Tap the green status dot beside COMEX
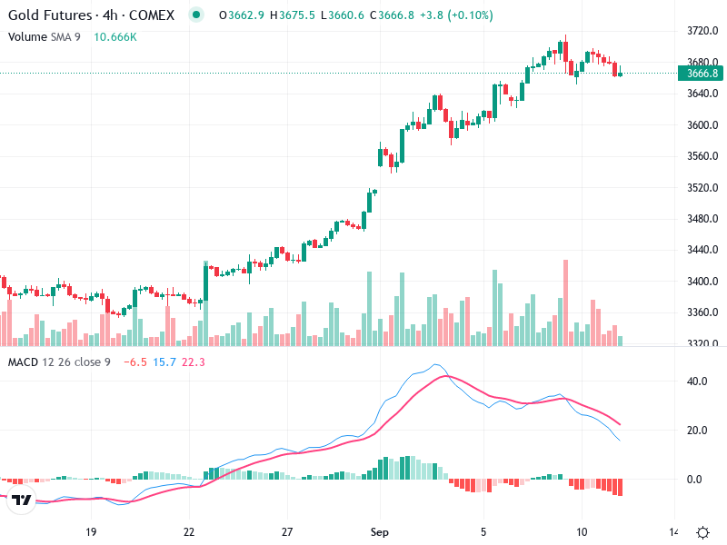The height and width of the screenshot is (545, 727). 195,15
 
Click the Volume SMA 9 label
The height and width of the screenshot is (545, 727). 46,36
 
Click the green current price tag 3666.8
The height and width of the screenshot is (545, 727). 702,74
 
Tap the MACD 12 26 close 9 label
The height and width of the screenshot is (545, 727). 59,362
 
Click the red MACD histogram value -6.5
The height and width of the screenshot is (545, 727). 134,362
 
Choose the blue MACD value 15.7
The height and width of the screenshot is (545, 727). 164,362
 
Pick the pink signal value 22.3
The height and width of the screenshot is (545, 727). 194,362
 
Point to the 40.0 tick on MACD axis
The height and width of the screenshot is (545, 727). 697,381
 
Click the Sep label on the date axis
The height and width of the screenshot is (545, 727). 381,532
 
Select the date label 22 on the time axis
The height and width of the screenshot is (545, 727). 189,532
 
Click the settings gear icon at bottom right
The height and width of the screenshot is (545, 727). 702,532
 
